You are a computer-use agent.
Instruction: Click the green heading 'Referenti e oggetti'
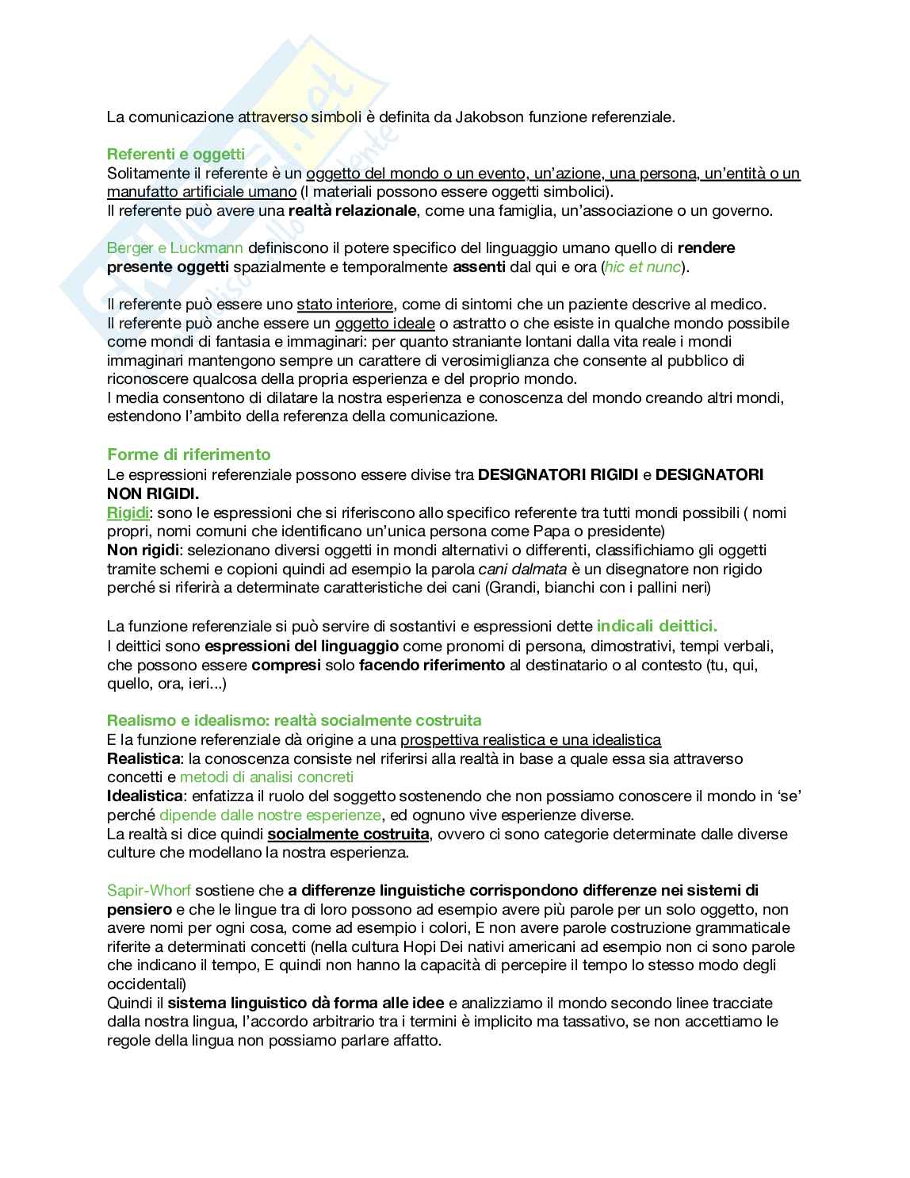point(175,154)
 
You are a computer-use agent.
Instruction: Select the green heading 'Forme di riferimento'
point(189,455)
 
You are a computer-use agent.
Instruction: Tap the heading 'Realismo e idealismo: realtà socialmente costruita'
point(294,720)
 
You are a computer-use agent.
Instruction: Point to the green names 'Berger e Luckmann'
point(175,248)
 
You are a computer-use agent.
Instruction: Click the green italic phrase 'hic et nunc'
point(642,267)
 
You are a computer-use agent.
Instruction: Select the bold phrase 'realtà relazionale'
point(352,211)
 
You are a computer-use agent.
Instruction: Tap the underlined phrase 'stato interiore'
point(345,305)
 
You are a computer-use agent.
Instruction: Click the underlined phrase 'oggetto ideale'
point(384,324)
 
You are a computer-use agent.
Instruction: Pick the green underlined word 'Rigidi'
point(128,513)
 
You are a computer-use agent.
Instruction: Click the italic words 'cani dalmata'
point(522,570)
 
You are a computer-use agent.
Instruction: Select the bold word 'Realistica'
point(143,759)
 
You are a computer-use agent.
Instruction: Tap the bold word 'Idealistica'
point(145,796)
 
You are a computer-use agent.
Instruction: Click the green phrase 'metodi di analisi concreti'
point(266,777)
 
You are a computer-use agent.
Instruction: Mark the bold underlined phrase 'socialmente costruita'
point(348,835)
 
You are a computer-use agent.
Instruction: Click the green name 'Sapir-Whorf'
point(149,891)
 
